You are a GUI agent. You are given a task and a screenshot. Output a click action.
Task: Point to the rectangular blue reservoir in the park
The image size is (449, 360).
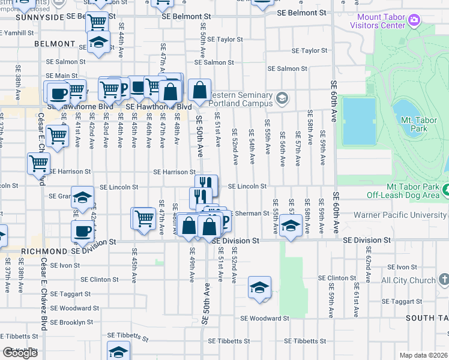point(359,121)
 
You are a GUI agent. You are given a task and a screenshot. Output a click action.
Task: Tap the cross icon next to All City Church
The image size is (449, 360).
point(443,280)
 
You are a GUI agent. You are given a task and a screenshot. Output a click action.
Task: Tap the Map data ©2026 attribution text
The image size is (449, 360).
point(423,355)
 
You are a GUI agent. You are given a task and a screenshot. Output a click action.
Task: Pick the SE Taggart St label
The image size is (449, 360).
point(70,294)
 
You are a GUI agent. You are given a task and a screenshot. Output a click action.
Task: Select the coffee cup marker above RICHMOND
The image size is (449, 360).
point(82,232)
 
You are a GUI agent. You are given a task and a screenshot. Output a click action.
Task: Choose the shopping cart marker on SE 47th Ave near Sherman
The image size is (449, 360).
point(143,218)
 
